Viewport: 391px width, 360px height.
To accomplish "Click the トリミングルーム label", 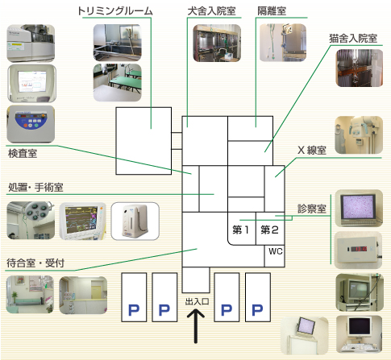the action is point(115,10).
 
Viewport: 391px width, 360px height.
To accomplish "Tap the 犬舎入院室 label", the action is point(211,11).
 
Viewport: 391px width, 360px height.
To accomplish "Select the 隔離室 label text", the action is point(272,11).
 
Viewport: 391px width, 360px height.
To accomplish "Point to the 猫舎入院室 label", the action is point(353,39).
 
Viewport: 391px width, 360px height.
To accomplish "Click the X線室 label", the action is point(312,151).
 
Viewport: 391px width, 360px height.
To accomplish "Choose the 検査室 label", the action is point(23,154).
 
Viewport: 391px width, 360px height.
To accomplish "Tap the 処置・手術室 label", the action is point(35,187).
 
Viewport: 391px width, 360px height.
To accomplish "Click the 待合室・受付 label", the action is point(35,263).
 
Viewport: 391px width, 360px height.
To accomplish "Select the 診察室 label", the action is point(312,209).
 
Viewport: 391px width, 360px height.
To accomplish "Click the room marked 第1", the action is point(242,229).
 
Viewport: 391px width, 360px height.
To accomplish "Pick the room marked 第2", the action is point(270,229).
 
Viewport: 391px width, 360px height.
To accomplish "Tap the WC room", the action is point(274,256).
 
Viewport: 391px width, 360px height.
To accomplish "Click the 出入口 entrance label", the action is point(197,301).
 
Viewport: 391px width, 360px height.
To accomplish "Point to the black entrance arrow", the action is point(196,326).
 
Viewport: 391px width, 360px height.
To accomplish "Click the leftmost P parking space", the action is point(134,297).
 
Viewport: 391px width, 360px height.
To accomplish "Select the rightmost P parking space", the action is point(258,297).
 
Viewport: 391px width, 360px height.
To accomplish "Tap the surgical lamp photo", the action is point(31,221).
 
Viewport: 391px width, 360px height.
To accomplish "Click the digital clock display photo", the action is point(359,250).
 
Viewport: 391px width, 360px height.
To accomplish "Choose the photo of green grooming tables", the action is point(117,82).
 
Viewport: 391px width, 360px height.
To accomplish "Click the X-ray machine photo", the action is point(359,135).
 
